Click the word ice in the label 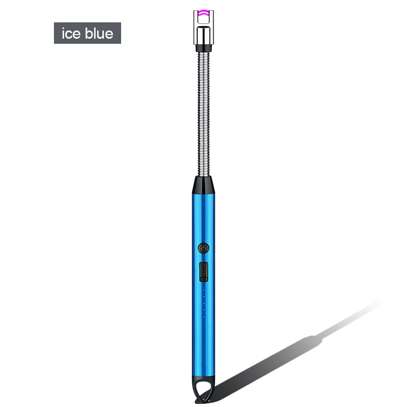click(71, 34)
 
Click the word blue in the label click(99, 33)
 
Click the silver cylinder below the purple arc click(203, 35)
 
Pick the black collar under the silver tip click(203, 48)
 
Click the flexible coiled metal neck click(203, 114)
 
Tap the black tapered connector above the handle click(203, 185)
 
